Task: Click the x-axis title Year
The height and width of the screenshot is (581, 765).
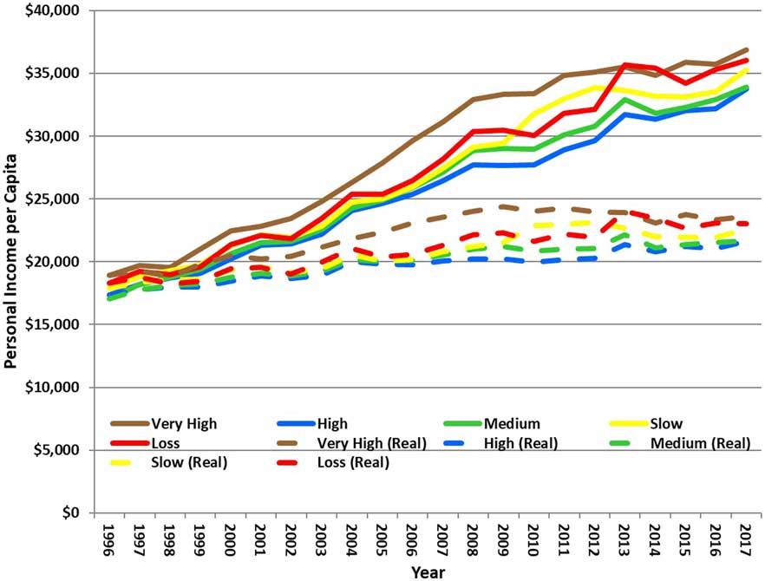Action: pyautogui.click(x=427, y=571)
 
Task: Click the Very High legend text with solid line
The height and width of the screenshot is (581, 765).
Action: pyautogui.click(x=184, y=424)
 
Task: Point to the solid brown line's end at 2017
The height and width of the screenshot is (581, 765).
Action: pyautogui.click(x=745, y=49)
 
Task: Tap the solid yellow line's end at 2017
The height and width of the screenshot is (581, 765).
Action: pyautogui.click(x=745, y=69)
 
